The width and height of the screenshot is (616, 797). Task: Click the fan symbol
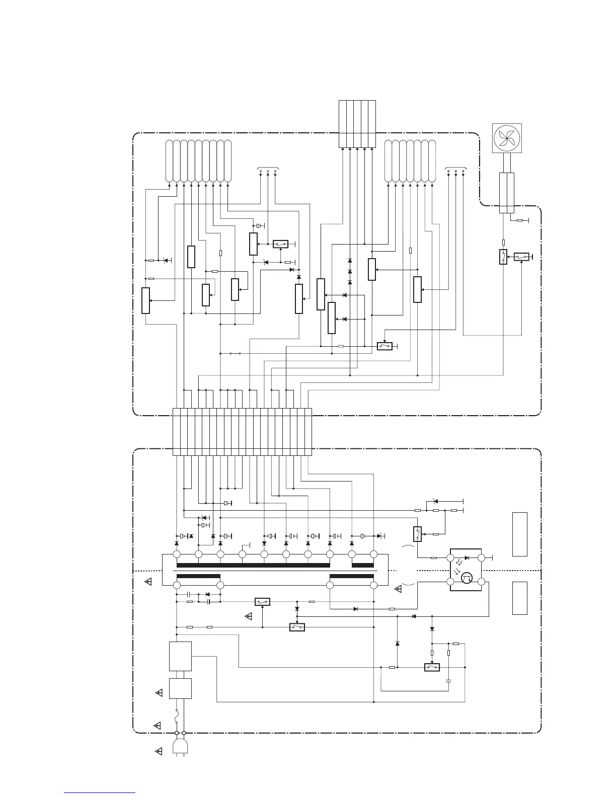(x=507, y=138)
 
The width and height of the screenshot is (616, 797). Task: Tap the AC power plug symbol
(x=180, y=746)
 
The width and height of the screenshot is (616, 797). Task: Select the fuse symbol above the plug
(x=177, y=715)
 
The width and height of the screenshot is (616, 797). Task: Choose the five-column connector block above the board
(x=357, y=124)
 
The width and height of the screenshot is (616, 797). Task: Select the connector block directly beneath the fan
(x=507, y=192)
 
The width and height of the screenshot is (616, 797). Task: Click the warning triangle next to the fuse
(x=157, y=725)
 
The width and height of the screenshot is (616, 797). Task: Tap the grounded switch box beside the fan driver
(x=521, y=257)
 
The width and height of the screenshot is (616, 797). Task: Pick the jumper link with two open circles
(x=235, y=353)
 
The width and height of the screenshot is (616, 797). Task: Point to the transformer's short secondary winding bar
(x=362, y=565)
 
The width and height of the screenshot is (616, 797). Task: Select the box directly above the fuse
(x=180, y=688)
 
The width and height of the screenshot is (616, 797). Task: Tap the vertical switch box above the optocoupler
(x=417, y=533)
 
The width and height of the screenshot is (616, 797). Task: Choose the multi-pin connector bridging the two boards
(x=242, y=432)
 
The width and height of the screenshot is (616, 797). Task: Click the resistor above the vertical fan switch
(x=503, y=243)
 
